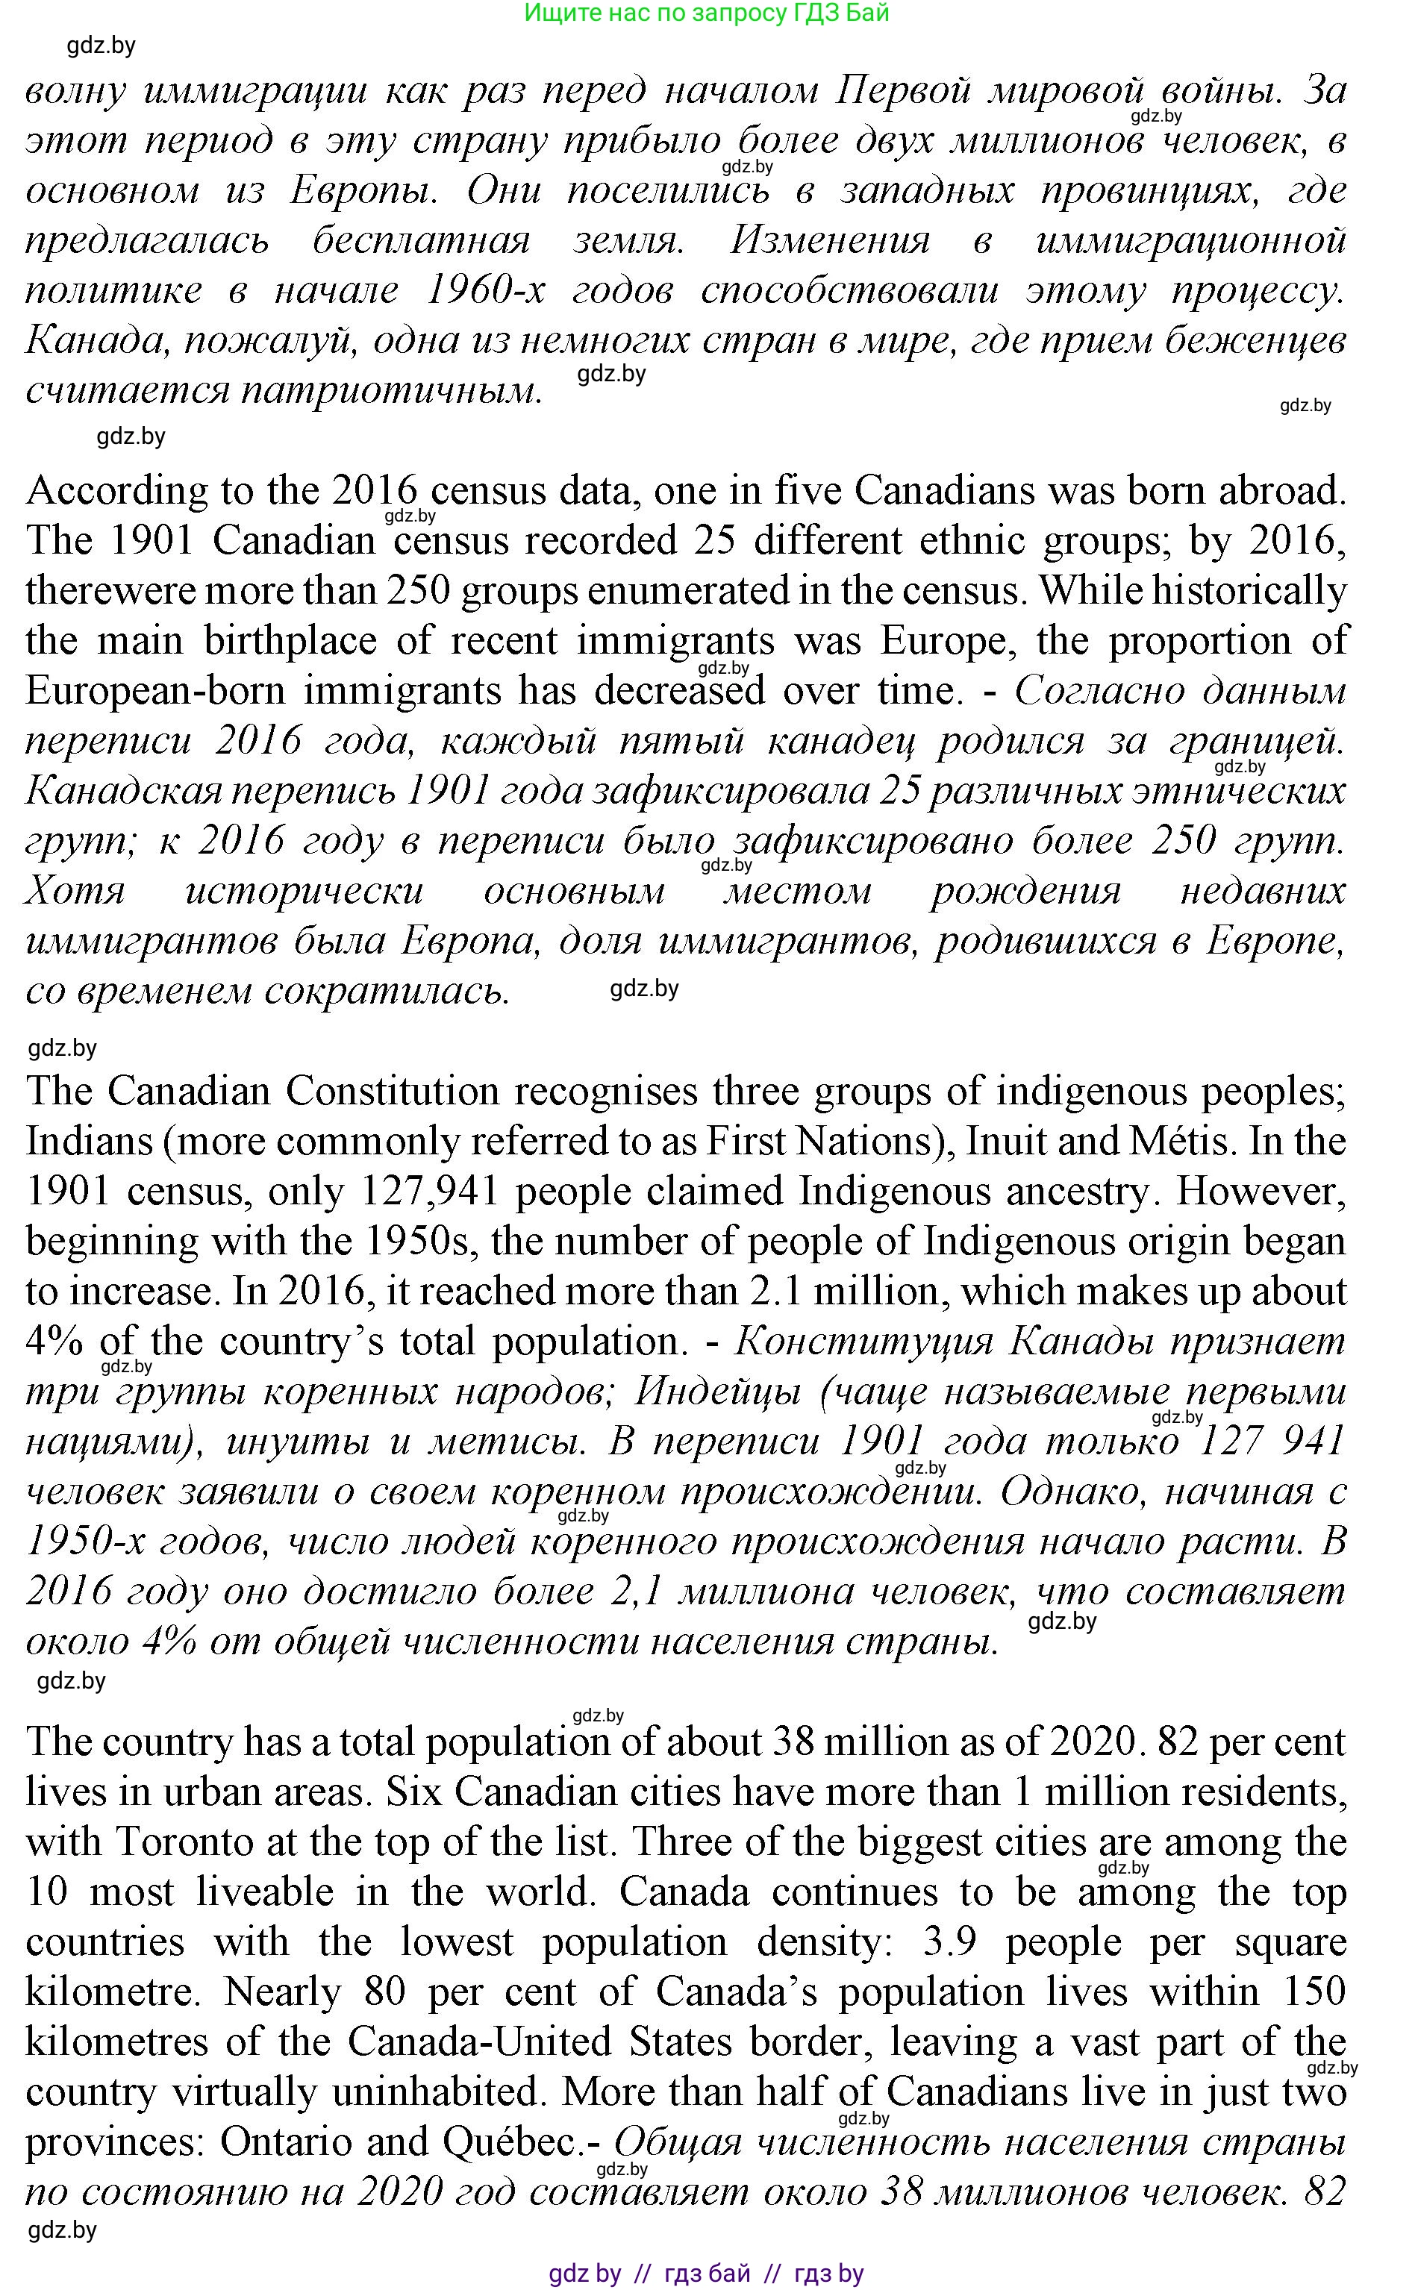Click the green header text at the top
tap(707, 13)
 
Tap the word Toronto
tap(185, 1842)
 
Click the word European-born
tap(155, 691)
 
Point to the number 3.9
tap(950, 1942)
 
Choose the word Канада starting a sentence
tap(93, 340)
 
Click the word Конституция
tap(863, 1342)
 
